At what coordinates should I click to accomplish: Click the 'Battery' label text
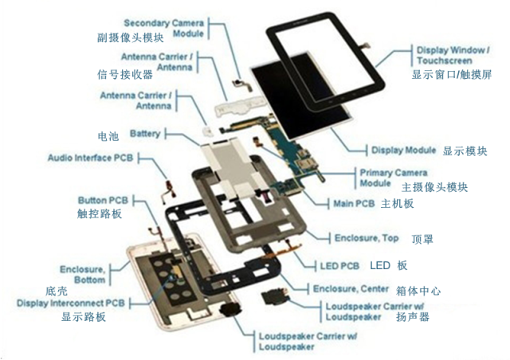[x=145, y=133]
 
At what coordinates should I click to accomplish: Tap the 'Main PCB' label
[x=354, y=204]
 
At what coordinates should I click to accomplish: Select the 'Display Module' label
[x=404, y=150]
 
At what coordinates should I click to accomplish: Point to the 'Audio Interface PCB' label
[x=90, y=158]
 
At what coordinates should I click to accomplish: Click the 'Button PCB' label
[x=103, y=200]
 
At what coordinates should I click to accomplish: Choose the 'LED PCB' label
[x=339, y=266]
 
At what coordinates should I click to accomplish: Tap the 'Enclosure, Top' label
[x=367, y=238]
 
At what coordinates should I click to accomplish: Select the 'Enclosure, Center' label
[x=351, y=289]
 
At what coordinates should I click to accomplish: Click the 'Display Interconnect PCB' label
[x=71, y=303]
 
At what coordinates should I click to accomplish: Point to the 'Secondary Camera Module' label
[x=163, y=28]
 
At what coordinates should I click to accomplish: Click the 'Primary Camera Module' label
[x=394, y=178]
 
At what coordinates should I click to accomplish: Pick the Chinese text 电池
[x=108, y=136]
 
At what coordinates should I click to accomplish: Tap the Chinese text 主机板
[x=397, y=204]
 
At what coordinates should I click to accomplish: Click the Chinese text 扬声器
[x=413, y=316]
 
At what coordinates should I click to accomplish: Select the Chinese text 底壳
[x=57, y=291]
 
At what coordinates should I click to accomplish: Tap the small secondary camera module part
[x=242, y=84]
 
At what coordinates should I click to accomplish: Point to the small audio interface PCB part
[x=169, y=191]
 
